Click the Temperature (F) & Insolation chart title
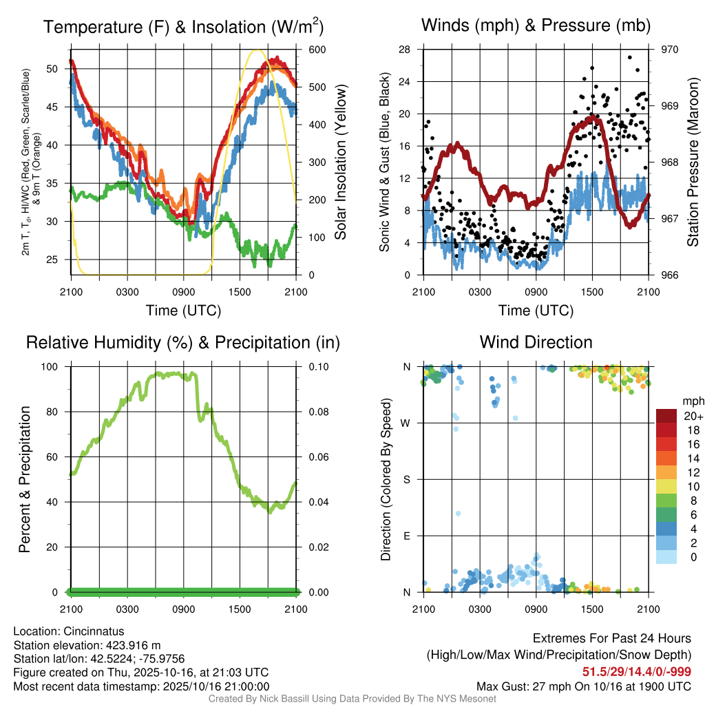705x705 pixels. tap(183, 28)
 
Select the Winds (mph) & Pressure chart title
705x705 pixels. tap(536, 26)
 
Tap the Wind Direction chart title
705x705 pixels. tap(536, 342)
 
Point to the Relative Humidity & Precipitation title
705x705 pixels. tap(183, 342)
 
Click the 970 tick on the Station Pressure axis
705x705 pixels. tap(670, 50)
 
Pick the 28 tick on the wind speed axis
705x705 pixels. tap(405, 50)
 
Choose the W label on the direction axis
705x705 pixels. tap(406, 423)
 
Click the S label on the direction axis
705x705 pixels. tap(407, 479)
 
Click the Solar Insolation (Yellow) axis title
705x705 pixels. tap(340, 162)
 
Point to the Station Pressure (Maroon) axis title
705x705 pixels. tap(693, 162)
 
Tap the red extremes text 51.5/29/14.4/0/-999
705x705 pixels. tap(637, 672)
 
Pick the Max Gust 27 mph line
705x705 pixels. tap(584, 686)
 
